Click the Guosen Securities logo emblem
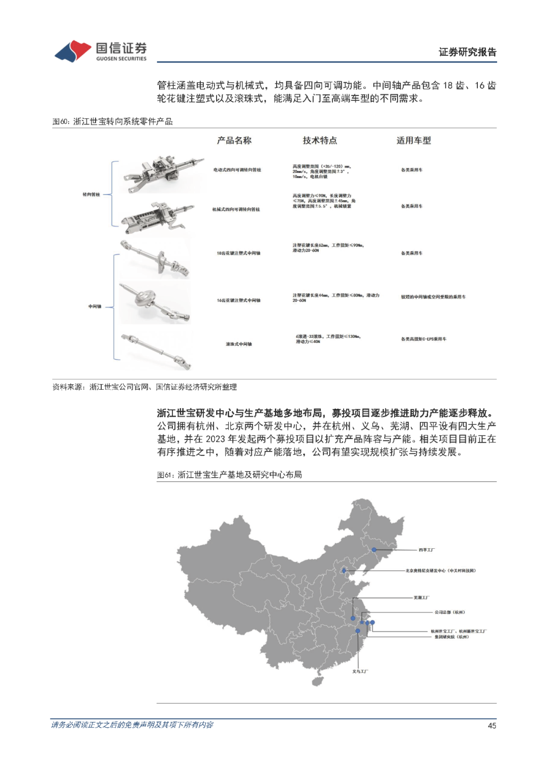pos(73,51)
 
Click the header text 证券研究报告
pos(467,52)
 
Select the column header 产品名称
pos(234,140)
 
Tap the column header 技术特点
pos(320,140)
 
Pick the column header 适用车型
pos(414,140)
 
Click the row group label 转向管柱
pos(91,195)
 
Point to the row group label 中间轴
pos(95,306)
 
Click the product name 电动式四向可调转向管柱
pos(237,170)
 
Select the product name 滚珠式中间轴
pos(238,344)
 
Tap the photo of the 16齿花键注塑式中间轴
pos(155,303)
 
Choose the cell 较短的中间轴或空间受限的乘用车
pos(433,297)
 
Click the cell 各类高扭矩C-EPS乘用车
pos(424,339)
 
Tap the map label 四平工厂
pos(426,550)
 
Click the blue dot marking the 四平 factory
pos(374,550)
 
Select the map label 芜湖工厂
pos(421,598)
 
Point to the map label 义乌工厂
pos(360,671)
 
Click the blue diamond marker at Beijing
pos(344,571)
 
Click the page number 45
pos(492,726)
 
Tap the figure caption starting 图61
pos(229,475)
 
